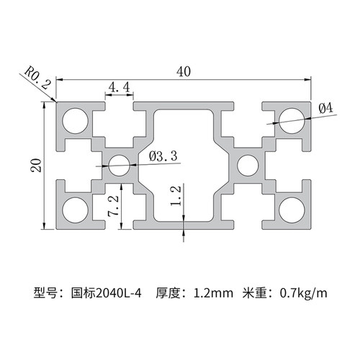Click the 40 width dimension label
[x=184, y=71]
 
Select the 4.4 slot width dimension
[x=119, y=87]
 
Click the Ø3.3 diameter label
[x=162, y=155]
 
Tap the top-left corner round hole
[x=74, y=121]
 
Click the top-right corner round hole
[x=292, y=120]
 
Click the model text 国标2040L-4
[x=107, y=293]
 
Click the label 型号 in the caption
[x=45, y=293]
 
